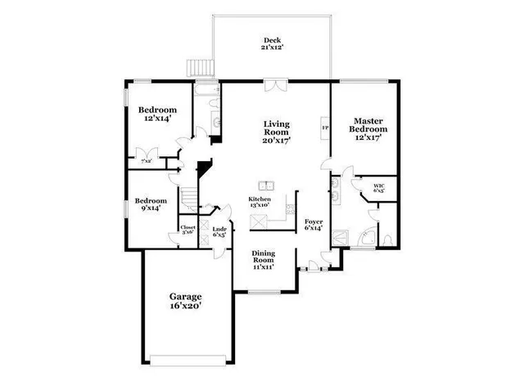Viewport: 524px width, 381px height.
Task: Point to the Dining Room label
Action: (262, 258)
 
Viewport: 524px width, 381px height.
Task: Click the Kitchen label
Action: (260, 200)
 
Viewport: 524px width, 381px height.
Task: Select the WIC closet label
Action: (379, 188)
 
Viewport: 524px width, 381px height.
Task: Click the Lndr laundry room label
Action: (219, 232)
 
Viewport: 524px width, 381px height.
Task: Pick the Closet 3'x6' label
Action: (188, 231)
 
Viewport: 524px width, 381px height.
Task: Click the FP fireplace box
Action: (325, 128)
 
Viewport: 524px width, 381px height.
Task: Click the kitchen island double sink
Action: (266, 184)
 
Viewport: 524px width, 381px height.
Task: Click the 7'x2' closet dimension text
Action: (147, 161)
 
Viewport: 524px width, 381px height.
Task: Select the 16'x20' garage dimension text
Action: (185, 305)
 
